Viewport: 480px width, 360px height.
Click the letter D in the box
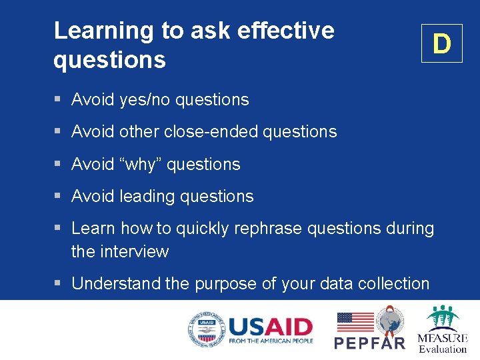click(441, 44)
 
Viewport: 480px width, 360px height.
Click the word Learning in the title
click(103, 31)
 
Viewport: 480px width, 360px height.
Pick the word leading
click(145, 197)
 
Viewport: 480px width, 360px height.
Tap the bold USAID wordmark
click(270, 327)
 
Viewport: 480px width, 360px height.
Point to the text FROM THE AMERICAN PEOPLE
click(270, 341)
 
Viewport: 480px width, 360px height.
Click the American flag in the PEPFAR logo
click(355, 321)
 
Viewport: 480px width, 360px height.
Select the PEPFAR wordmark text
click(369, 343)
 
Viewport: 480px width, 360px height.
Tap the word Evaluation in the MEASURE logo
click(443, 349)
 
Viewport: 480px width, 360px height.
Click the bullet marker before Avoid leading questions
click(58, 197)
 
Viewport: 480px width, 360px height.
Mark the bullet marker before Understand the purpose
click(58, 284)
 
